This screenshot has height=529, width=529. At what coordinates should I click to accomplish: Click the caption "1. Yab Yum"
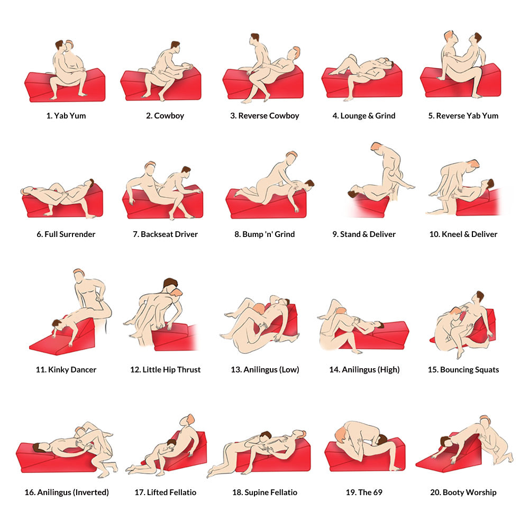[66, 116]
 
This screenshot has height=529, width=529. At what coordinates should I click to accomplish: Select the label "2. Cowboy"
[165, 116]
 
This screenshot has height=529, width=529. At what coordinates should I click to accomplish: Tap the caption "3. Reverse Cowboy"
[264, 116]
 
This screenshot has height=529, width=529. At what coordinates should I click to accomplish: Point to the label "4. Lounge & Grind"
[364, 116]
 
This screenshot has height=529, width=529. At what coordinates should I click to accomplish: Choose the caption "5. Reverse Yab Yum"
[463, 116]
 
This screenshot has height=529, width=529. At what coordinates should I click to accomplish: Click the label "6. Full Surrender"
[66, 234]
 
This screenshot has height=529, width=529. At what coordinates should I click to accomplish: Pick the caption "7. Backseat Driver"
[165, 234]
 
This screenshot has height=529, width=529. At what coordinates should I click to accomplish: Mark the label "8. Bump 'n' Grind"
[264, 234]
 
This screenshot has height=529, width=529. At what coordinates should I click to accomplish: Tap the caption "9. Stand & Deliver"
[364, 234]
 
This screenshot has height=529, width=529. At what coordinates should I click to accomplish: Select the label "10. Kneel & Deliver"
[463, 234]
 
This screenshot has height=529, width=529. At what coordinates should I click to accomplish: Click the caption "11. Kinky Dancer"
[66, 370]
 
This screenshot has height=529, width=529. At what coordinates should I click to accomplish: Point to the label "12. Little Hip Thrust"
[165, 370]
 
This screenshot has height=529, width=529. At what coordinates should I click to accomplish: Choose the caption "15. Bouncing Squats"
[463, 370]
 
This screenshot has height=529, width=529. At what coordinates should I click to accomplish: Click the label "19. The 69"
[364, 492]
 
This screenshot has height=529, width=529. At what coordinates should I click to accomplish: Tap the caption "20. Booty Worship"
[463, 492]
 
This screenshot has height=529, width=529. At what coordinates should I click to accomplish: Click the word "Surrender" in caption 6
[77, 234]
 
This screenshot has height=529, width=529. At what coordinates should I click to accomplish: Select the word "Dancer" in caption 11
[83, 370]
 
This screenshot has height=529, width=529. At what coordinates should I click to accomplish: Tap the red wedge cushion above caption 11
[53, 344]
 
